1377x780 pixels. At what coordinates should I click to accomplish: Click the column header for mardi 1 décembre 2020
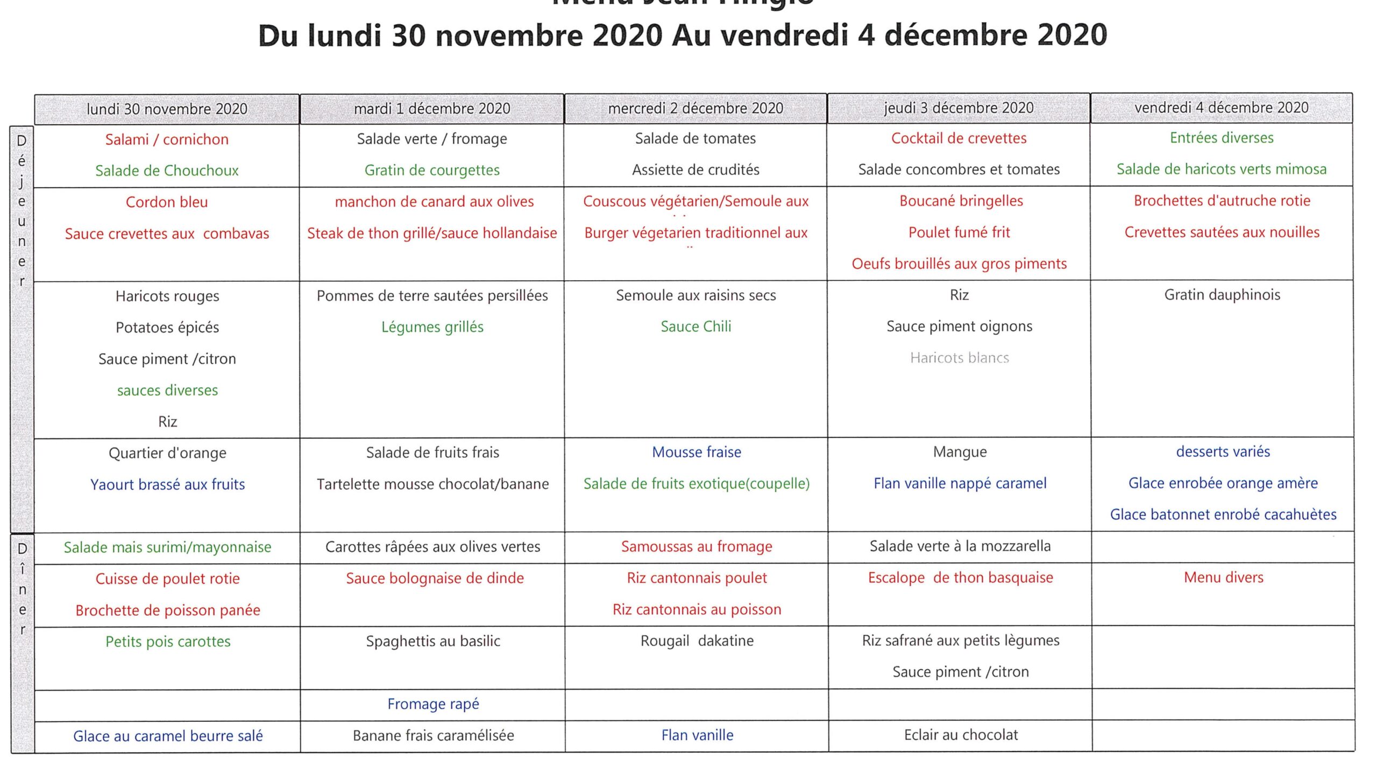pos(432,109)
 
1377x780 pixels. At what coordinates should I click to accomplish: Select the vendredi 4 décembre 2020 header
pos(1221,108)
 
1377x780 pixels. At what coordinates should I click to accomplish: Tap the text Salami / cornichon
pos(167,139)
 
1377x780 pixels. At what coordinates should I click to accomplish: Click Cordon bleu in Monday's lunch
pos(167,202)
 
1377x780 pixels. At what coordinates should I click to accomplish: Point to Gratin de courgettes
pos(432,170)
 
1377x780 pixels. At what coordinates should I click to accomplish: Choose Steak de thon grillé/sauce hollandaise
pos(432,233)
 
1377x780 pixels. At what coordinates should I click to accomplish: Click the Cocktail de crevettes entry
pos(959,138)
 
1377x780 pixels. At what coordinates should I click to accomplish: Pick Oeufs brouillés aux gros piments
pos(959,264)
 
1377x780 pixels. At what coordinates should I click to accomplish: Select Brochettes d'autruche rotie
pos(1222,201)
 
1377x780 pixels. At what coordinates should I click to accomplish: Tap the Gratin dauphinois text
pos(1222,295)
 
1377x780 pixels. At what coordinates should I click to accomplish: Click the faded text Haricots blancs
pos(959,358)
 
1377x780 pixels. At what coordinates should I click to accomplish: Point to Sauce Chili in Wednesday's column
pos(695,327)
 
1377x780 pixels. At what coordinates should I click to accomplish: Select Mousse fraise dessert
pos(696,452)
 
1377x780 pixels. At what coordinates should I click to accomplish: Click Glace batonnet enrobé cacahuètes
pos(1223,514)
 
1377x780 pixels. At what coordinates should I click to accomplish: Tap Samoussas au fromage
pos(697,547)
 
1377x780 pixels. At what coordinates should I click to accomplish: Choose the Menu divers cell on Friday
pos(1224,577)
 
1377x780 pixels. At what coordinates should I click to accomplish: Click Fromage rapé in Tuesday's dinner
pos(433,704)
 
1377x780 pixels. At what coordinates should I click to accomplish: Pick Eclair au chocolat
pos(961,735)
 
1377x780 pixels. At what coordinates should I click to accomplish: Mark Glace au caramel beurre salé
pos(168,736)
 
